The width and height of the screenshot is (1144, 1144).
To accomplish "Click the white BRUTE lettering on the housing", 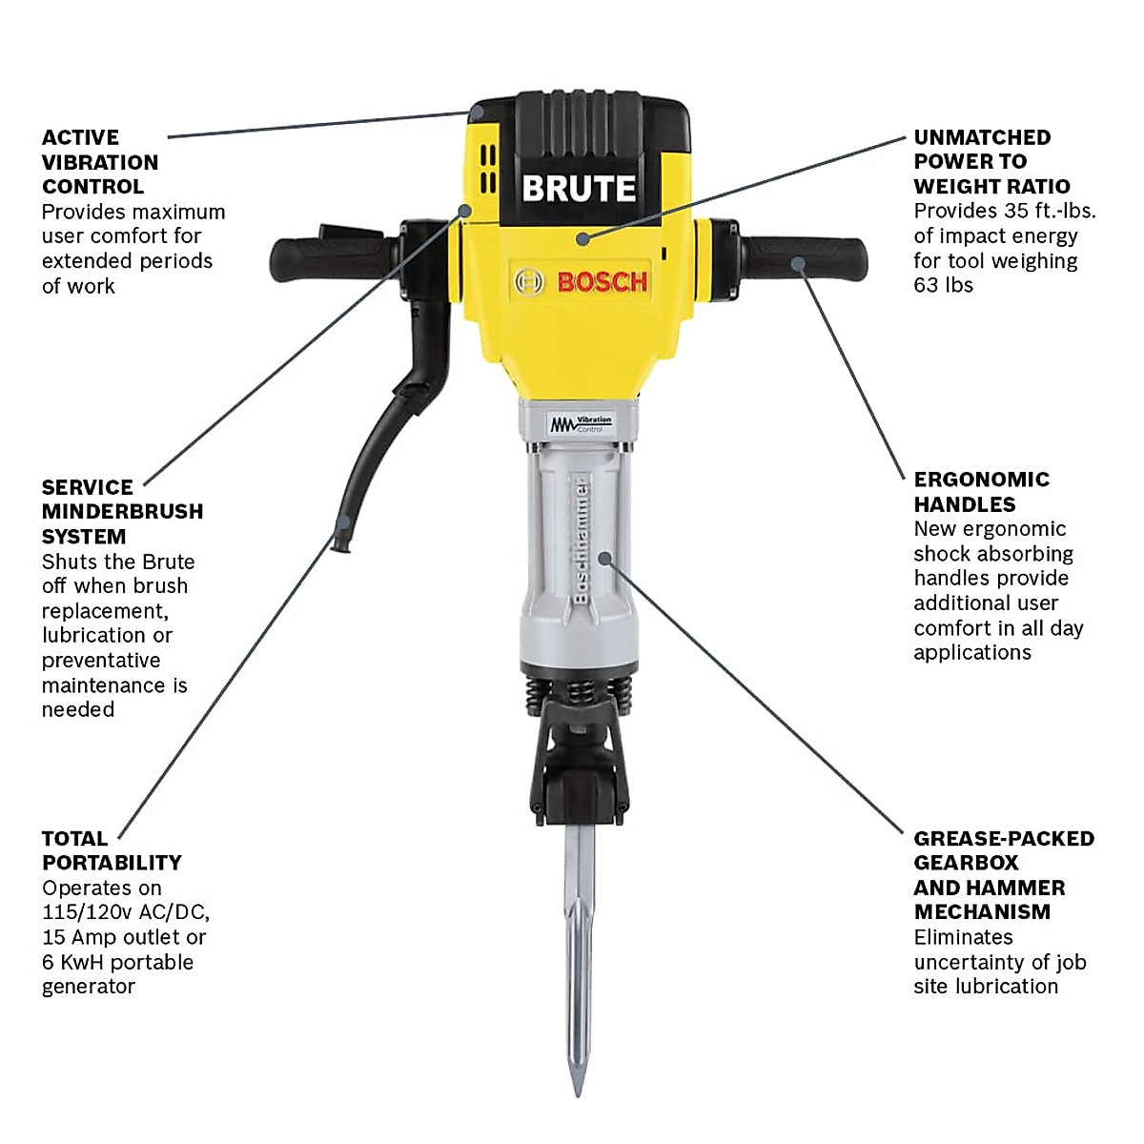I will click(x=579, y=189).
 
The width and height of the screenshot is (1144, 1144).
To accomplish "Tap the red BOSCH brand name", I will click(x=602, y=282).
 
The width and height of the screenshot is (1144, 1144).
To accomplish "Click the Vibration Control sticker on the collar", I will click(x=581, y=422).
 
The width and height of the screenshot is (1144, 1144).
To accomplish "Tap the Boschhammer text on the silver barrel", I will click(x=581, y=540).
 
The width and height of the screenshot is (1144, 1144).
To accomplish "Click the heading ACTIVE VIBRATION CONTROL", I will click(x=99, y=162).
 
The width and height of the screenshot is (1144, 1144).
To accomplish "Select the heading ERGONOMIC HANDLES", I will click(x=981, y=492).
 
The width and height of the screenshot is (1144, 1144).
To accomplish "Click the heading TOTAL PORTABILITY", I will click(x=111, y=850).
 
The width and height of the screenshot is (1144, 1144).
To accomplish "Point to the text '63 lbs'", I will click(x=943, y=285).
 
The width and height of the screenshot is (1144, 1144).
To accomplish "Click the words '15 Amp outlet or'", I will click(x=124, y=937).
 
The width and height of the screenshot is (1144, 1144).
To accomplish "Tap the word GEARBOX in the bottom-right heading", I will click(x=966, y=863).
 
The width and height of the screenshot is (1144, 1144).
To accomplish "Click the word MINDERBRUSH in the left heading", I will click(x=122, y=511).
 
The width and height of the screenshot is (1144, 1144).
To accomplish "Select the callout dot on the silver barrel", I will click(x=604, y=557).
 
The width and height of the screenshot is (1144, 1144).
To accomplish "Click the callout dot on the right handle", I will click(x=798, y=264).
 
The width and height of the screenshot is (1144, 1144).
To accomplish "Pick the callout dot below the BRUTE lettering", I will click(x=582, y=238).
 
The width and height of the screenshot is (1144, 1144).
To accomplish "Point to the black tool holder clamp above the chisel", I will click(x=579, y=763).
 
